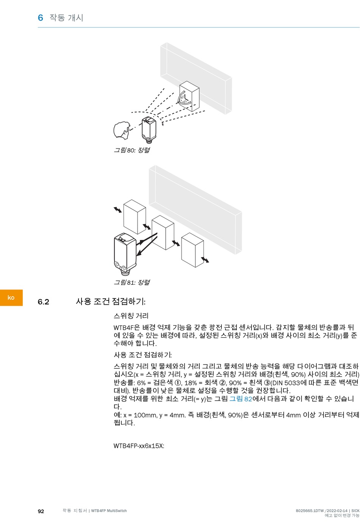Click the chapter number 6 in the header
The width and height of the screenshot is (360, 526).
click(x=40, y=18)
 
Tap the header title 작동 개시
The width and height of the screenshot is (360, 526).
click(x=66, y=18)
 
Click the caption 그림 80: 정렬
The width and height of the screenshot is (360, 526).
click(x=132, y=150)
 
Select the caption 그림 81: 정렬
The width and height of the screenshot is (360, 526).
click(x=132, y=282)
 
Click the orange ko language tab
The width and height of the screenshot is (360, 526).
click(x=11, y=297)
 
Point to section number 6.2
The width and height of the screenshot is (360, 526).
click(x=43, y=302)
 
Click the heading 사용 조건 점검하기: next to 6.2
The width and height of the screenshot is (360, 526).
click(x=111, y=302)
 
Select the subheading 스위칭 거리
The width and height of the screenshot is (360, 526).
click(x=131, y=316)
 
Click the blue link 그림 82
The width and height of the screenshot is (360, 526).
click(x=241, y=399)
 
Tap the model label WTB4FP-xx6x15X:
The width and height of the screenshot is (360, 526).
click(x=139, y=446)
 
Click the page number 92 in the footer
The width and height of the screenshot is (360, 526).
click(x=41, y=511)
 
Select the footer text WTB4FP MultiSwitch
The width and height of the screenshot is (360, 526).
click(x=109, y=511)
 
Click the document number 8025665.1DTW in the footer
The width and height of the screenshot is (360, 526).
click(x=310, y=511)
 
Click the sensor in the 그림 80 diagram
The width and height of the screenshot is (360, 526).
click(x=148, y=129)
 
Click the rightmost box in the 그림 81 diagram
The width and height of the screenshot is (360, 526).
click(x=193, y=250)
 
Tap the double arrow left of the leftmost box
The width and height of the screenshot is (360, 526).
click(x=118, y=210)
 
